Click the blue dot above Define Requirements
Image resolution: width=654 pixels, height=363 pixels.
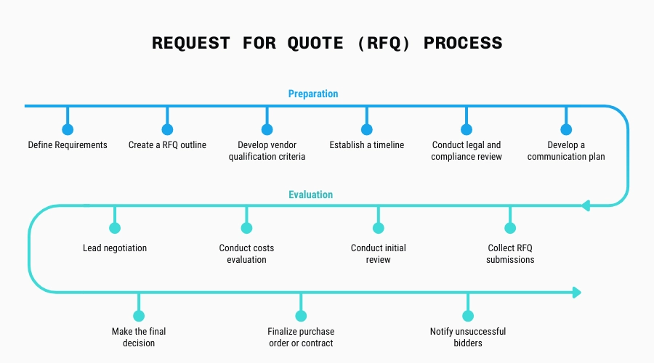(68, 130)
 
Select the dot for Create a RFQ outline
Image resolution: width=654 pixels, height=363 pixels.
(167, 130)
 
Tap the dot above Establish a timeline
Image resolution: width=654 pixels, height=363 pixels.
(366, 130)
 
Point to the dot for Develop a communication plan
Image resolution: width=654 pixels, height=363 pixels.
(566, 130)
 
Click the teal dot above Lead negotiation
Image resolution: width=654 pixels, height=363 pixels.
(115, 228)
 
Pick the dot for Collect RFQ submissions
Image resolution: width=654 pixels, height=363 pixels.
(510, 228)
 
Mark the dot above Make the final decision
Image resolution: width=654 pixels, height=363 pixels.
(138, 316)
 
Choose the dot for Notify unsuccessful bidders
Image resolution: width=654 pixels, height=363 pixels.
(468, 316)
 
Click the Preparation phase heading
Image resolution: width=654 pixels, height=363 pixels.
(313, 94)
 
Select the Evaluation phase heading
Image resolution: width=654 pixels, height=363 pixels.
(310, 195)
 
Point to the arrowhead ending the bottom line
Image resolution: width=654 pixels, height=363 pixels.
(577, 293)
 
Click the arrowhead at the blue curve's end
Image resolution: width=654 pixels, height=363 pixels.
(587, 205)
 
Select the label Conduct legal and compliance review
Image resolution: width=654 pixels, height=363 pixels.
(467, 151)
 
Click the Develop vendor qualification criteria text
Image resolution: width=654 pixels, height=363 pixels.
(267, 151)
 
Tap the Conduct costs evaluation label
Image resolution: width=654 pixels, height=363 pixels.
(246, 253)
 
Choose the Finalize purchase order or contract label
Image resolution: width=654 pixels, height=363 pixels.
(300, 337)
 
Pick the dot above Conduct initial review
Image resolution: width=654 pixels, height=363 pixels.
(378, 228)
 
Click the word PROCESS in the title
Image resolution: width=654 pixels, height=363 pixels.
(463, 43)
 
